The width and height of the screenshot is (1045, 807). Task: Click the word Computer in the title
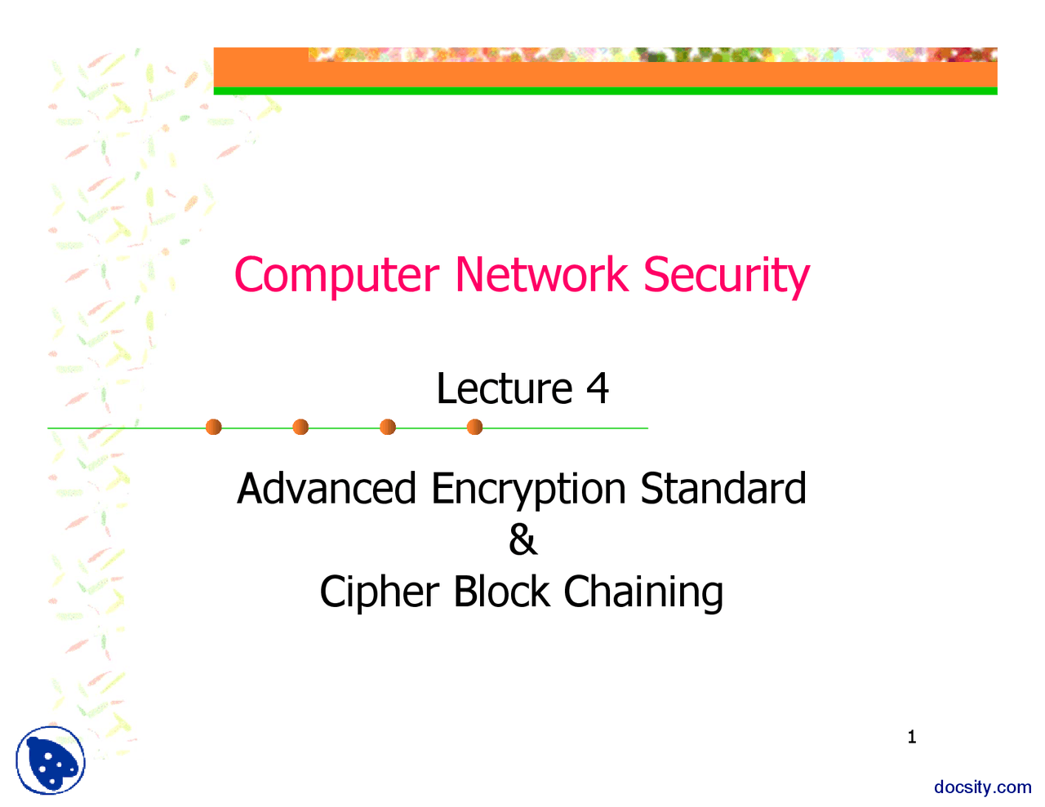pyautogui.click(x=336, y=276)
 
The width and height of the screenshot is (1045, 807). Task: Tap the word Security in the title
pyautogui.click(x=726, y=276)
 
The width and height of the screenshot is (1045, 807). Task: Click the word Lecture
pyautogui.click(x=504, y=388)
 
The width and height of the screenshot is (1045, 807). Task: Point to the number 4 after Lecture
pyautogui.click(x=597, y=388)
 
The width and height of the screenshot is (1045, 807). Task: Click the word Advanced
pyautogui.click(x=327, y=489)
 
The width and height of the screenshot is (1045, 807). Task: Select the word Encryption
pyautogui.click(x=528, y=490)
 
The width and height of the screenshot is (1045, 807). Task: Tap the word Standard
pyautogui.click(x=723, y=489)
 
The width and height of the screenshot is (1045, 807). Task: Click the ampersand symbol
pyautogui.click(x=522, y=540)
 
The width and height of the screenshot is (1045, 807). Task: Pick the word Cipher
pyautogui.click(x=379, y=592)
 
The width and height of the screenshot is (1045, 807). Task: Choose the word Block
pyautogui.click(x=501, y=591)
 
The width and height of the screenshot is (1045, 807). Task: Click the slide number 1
pyautogui.click(x=912, y=738)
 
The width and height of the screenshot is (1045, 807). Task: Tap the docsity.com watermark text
pyautogui.click(x=982, y=787)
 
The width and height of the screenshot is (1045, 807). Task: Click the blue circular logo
pyautogui.click(x=50, y=760)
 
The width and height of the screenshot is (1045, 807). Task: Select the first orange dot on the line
pyautogui.click(x=214, y=427)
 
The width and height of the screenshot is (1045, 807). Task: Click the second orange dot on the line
pyautogui.click(x=300, y=427)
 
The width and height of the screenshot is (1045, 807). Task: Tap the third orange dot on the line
pyautogui.click(x=388, y=427)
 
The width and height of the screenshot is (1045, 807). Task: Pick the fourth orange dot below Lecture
pyautogui.click(x=474, y=427)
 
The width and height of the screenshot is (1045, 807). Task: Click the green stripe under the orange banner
pyautogui.click(x=605, y=91)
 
